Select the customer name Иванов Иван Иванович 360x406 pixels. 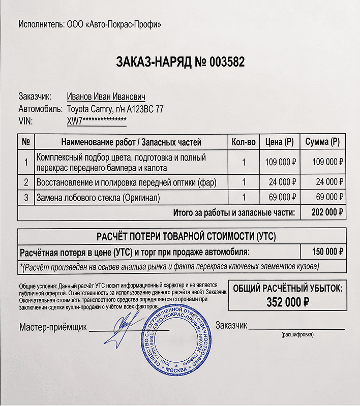coord(106,97)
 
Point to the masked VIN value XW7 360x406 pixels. coord(97,121)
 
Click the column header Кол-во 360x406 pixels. coord(243,142)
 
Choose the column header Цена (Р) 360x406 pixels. coord(280,142)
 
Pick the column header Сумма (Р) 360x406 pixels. coord(322,142)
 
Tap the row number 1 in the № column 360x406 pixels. coord(26,163)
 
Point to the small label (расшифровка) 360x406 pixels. coord(297,335)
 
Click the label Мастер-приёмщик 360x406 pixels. coord(53,326)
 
